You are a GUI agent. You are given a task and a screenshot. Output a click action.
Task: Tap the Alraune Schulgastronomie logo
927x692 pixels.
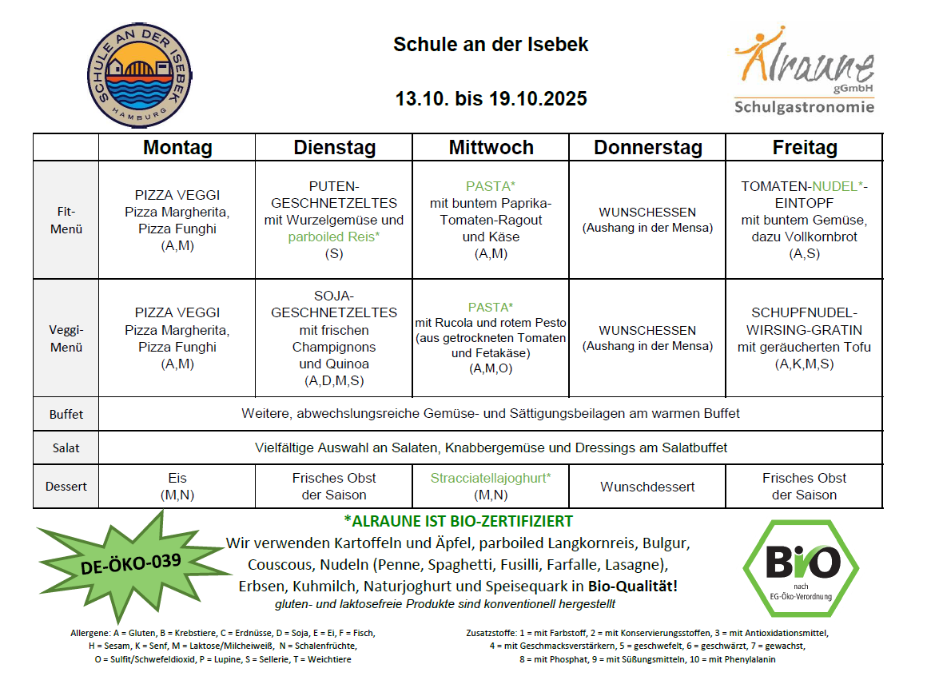(804, 70)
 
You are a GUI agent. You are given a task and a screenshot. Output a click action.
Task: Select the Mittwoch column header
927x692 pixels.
(491, 148)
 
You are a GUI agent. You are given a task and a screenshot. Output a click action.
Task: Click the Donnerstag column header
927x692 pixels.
(647, 148)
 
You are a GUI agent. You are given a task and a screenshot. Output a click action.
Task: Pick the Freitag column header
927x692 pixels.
(804, 148)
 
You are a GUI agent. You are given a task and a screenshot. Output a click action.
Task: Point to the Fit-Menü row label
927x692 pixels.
(66, 221)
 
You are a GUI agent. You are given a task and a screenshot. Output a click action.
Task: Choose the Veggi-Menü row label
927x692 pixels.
(66, 339)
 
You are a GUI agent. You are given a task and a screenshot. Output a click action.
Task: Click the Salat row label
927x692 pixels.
(66, 448)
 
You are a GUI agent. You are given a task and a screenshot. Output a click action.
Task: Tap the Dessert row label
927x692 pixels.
(66, 486)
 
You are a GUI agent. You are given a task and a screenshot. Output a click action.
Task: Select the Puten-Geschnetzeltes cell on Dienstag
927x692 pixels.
(334, 220)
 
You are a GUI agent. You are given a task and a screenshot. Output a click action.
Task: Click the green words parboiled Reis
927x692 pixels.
(334, 237)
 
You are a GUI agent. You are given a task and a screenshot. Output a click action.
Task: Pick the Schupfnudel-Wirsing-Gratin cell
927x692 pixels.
(804, 338)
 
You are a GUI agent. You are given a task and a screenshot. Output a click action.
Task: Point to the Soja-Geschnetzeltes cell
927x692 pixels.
(334, 338)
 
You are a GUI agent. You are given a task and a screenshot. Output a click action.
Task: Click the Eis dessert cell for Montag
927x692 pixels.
(177, 486)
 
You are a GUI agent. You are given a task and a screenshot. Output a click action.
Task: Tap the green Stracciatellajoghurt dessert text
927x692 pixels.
(491, 478)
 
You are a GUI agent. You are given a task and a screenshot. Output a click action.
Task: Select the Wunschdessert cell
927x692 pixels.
(647, 487)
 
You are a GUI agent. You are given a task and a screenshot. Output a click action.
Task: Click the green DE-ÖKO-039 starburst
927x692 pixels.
(132, 562)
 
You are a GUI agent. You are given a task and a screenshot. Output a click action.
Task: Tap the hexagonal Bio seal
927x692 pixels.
(802, 567)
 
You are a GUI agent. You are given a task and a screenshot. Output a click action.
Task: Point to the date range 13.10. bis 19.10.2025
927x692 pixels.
(491, 99)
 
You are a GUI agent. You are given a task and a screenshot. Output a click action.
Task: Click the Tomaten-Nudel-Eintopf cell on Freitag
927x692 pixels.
(804, 220)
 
